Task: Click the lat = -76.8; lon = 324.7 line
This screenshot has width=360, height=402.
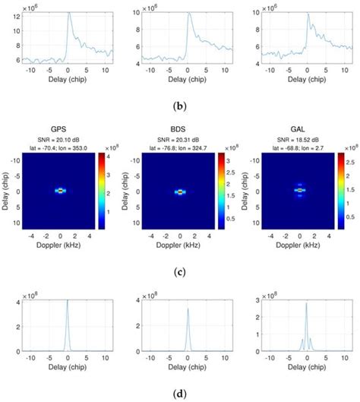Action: [179, 147]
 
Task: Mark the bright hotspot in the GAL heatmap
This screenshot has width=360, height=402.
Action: [300, 192]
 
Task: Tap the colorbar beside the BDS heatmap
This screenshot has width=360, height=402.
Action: [223, 192]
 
